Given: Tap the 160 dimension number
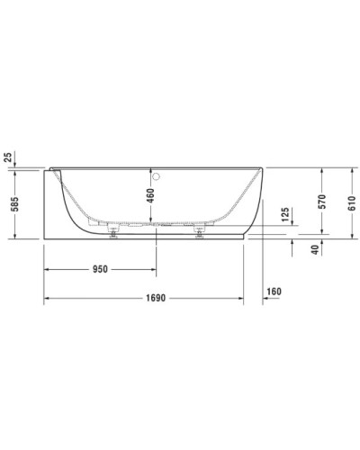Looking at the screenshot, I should click(x=274, y=291).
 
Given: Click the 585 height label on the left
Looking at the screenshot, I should click(x=9, y=202).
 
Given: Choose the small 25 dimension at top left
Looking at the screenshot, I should click(x=9, y=158).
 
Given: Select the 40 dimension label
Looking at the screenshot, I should click(x=314, y=249).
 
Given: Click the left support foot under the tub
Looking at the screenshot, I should click(x=112, y=232).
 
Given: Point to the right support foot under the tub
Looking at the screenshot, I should click(x=199, y=232).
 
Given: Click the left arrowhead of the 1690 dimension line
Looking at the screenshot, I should click(x=48, y=299).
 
